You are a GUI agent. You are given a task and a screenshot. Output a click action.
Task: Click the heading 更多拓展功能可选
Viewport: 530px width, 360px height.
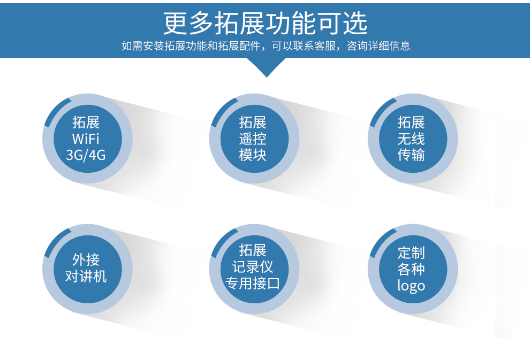[266, 23]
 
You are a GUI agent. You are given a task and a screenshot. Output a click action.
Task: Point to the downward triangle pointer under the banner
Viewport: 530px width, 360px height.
[267, 67]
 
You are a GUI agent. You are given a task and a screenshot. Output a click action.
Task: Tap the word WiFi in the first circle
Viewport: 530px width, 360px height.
[86, 139]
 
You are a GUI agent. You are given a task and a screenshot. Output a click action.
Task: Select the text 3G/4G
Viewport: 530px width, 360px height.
[86, 155]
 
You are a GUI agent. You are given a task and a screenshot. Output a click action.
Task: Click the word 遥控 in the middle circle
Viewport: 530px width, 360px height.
[253, 139]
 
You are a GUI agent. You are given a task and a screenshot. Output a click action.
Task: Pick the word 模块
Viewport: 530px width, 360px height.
[253, 155]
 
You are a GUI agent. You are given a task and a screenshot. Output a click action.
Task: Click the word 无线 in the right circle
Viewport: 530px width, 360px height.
[411, 139]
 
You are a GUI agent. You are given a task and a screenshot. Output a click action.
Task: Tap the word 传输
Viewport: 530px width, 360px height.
[411, 155]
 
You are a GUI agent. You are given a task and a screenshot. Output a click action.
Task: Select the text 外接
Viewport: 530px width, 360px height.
[86, 259]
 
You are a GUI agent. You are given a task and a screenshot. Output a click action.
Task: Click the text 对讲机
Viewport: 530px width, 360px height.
[86, 276]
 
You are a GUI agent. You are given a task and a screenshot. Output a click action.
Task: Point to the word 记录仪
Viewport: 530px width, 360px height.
[253, 267]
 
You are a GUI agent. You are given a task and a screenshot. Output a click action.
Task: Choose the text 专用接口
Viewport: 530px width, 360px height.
[253, 284]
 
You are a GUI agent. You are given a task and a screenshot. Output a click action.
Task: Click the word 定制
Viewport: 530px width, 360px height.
[411, 252]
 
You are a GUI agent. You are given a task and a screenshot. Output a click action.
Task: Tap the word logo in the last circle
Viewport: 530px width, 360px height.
[411, 286]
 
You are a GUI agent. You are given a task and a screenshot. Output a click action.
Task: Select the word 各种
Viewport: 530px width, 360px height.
[411, 269]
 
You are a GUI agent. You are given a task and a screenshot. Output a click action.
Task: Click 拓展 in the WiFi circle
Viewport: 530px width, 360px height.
[86, 122]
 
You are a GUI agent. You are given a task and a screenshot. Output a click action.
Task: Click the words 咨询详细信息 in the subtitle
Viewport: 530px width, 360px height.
[378, 45]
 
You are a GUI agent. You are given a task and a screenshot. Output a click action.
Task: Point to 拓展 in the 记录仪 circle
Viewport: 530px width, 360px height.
[253, 250]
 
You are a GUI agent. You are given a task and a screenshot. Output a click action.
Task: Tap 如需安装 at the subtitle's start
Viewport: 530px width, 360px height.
[142, 45]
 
